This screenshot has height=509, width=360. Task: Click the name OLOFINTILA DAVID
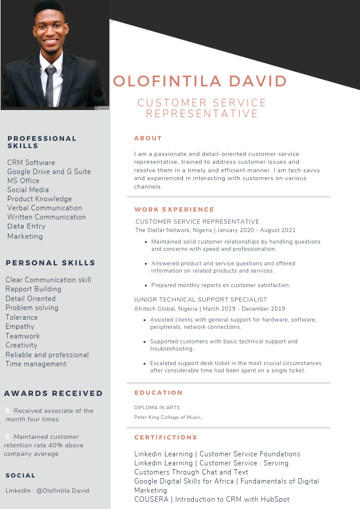pyautogui.click(x=200, y=82)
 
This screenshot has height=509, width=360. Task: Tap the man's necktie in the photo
pyautogui.click(x=51, y=85)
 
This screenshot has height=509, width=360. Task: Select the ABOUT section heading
pyautogui.click(x=148, y=138)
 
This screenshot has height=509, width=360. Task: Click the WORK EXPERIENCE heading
pyautogui.click(x=174, y=210)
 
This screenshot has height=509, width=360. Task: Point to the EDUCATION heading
pyautogui.click(x=158, y=393)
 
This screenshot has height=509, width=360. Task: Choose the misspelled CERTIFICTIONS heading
pyautogui.click(x=166, y=438)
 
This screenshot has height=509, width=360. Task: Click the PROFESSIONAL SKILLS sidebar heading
pyautogui.click(x=42, y=142)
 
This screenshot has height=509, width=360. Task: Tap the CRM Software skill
pyautogui.click(x=31, y=163)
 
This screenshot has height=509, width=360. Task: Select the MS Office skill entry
pyautogui.click(x=23, y=181)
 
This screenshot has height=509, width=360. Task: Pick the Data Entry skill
pyautogui.click(x=26, y=226)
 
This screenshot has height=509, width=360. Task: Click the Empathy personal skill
pyautogui.click(x=20, y=326)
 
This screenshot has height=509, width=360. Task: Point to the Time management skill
pyautogui.click(x=36, y=364)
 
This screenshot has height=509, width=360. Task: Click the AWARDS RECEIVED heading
pyautogui.click(x=53, y=394)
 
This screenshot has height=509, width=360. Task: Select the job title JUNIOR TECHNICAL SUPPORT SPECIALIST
pyautogui.click(x=200, y=300)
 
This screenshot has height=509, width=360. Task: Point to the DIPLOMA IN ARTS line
pyautogui.click(x=156, y=407)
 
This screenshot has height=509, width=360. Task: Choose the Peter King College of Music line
pyautogui.click(x=169, y=417)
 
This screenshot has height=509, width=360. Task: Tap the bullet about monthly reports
pyautogui.click(x=220, y=285)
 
